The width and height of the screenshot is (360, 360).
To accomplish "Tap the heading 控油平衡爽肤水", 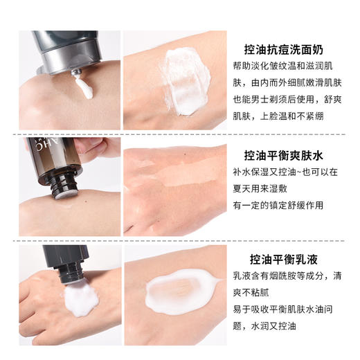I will pos(291,154).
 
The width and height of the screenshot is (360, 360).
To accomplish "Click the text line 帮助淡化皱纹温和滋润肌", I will pos(291,69).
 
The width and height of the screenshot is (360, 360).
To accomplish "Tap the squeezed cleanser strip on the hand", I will pos(84,87).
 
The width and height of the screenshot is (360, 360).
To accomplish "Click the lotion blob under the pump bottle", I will pos(82,298).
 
